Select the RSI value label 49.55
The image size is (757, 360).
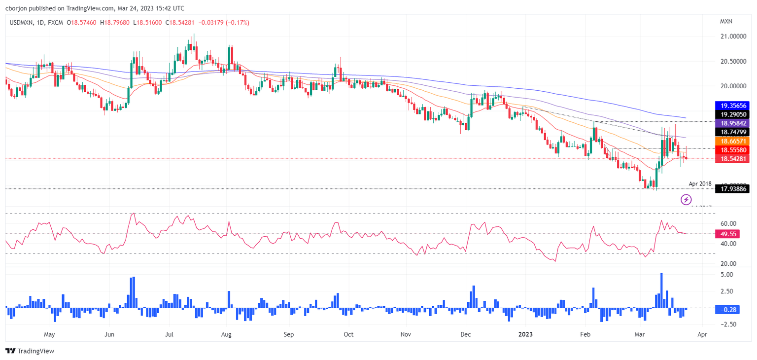coord(725,234)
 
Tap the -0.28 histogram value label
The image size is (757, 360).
coord(725,310)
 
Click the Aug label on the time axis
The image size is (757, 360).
coord(226,334)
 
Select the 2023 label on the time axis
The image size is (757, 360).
coord(526,334)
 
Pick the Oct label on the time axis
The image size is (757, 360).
coord(348,334)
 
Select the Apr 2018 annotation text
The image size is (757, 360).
coord(700,183)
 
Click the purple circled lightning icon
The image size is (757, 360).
coord(686,200)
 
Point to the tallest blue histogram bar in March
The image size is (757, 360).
coord(661,290)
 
